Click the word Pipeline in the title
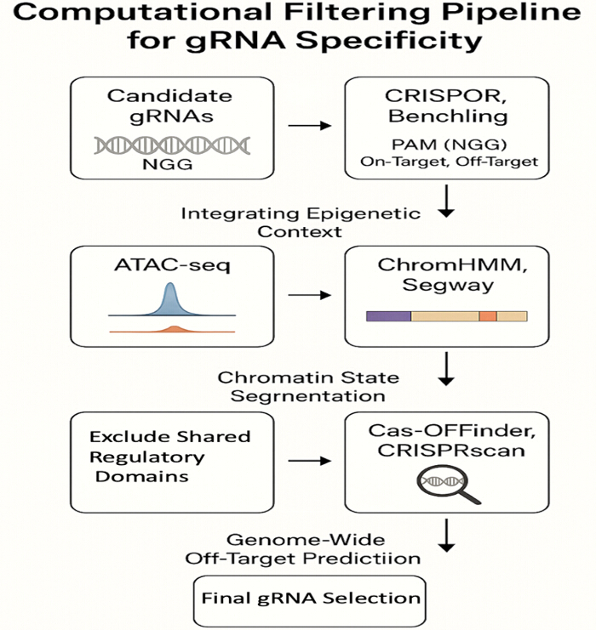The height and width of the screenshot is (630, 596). (511, 13)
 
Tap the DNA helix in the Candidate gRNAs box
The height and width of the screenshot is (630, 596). (172, 145)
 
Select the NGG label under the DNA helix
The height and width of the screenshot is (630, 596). (168, 164)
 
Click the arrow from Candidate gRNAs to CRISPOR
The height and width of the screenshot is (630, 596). (309, 126)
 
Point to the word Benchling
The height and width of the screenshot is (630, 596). (448, 116)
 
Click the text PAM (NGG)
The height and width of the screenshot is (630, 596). (449, 145)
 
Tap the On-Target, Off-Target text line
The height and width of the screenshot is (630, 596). (449, 162)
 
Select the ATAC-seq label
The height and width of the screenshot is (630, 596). (172, 265)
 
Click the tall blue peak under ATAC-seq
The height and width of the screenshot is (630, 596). (171, 300)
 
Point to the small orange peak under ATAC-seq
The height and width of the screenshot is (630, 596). (174, 329)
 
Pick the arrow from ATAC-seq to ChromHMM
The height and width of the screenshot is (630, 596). (309, 295)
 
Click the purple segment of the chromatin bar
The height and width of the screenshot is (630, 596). (388, 316)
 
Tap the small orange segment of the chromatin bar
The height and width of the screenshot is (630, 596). (488, 316)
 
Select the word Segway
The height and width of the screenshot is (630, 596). (448, 286)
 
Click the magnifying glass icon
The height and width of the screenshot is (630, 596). (448, 484)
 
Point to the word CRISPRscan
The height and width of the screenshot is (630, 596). (451, 451)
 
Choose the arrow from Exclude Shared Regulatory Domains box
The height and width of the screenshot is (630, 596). (309, 461)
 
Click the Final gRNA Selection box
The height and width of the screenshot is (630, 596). (309, 600)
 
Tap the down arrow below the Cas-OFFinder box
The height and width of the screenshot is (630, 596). (446, 536)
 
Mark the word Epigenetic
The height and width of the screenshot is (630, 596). (364, 213)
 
